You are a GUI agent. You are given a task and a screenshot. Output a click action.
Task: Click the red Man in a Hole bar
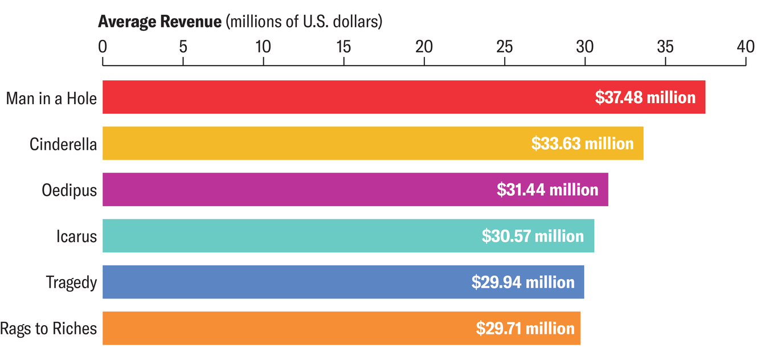(x=342, y=97)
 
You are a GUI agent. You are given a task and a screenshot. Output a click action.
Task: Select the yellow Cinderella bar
(x=313, y=144)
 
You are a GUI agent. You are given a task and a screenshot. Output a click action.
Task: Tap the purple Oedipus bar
(x=296, y=190)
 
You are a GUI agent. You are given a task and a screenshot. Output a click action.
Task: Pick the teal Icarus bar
(x=285, y=236)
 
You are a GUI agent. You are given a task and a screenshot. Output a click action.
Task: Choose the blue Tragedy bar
(x=279, y=282)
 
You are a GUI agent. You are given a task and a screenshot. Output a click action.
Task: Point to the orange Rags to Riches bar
(x=279, y=328)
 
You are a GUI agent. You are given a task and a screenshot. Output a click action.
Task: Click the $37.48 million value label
(x=645, y=97)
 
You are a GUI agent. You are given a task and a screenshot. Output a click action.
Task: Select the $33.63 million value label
(x=582, y=144)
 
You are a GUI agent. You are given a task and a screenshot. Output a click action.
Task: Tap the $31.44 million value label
(x=547, y=190)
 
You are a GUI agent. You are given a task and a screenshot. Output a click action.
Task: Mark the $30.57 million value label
(x=533, y=236)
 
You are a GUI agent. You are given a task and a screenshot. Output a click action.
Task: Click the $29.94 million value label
(x=523, y=282)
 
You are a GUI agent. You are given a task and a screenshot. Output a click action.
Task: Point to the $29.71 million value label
(x=525, y=328)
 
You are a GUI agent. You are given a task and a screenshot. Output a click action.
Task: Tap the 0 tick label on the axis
(x=103, y=47)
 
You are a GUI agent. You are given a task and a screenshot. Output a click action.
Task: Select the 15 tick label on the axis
(x=343, y=47)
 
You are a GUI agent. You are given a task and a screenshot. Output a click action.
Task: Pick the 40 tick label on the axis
(x=745, y=47)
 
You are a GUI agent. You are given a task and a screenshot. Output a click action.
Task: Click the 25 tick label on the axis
(x=504, y=47)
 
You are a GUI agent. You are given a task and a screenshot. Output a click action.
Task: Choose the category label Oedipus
(x=69, y=190)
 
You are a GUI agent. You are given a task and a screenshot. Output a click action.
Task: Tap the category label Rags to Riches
(x=48, y=329)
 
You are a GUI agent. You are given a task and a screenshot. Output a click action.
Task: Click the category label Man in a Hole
(x=51, y=98)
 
